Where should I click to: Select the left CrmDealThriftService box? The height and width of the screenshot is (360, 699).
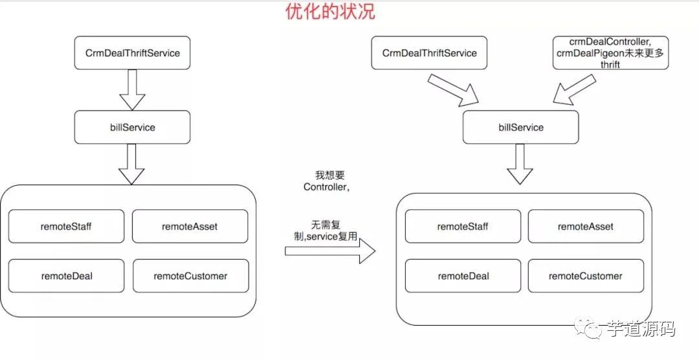[132, 52]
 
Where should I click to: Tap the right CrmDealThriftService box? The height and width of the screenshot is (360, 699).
[429, 52]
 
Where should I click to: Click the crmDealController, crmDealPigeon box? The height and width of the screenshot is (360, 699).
[610, 53]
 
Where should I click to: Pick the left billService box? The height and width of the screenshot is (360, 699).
[132, 127]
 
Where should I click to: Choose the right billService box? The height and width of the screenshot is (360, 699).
[521, 127]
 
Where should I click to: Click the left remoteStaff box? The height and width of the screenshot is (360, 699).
[66, 226]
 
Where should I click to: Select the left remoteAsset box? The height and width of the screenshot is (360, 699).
[190, 226]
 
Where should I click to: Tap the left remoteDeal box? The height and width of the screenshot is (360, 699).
[66, 276]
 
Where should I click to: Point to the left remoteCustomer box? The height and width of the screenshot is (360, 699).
[190, 276]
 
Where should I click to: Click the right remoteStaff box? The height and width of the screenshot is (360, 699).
[463, 226]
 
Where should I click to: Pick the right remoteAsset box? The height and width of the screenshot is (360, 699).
[586, 226]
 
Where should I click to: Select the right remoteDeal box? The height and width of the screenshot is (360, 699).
[463, 276]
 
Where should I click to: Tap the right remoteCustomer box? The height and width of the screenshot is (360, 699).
[586, 276]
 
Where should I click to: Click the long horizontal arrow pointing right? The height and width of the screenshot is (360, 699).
[330, 251]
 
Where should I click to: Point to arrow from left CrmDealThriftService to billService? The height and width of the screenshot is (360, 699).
[132, 89]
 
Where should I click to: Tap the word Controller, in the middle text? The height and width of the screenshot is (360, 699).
[327, 187]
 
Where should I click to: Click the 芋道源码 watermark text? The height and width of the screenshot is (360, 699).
[641, 329]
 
